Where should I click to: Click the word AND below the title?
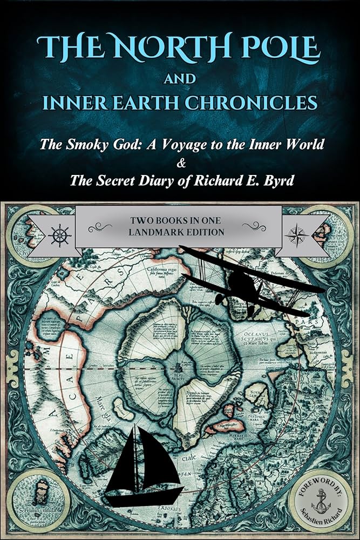point(180,79)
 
